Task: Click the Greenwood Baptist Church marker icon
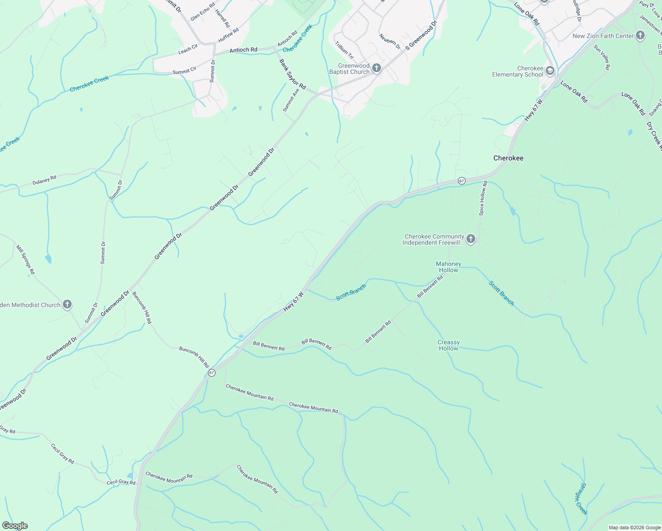pos(376,68)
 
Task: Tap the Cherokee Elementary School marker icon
pos(550,71)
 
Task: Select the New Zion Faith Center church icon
pos(640,36)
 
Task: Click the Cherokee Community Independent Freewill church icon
pos(471,239)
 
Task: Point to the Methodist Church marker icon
pos(67,304)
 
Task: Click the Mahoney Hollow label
pos(449,267)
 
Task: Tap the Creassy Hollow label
pos(449,345)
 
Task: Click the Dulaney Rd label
pos(44,180)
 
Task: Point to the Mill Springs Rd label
pos(25,259)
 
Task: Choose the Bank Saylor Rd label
pos(293,74)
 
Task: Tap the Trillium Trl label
pos(344,50)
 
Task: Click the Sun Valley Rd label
pos(602,58)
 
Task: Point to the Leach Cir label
pos(188,49)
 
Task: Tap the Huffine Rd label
pos(228,35)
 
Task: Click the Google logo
pos(15,526)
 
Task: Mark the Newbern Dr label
pos(390,42)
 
